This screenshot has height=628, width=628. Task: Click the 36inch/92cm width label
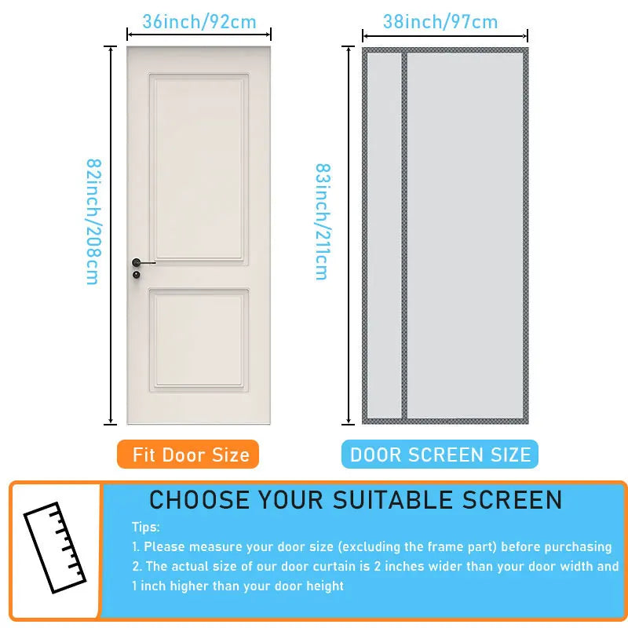[x=199, y=22]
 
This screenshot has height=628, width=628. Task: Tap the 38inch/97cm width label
[x=440, y=22]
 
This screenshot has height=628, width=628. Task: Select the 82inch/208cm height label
[x=93, y=222]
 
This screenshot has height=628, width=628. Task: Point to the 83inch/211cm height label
[x=322, y=222]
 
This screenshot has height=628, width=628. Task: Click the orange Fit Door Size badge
[x=188, y=455]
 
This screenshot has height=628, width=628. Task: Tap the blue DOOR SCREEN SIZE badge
[x=440, y=455]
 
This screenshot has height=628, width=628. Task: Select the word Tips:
[x=146, y=528]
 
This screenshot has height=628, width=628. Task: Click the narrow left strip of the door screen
[x=385, y=235]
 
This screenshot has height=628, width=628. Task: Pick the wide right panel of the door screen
[x=465, y=235]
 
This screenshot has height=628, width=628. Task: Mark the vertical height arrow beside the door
[x=111, y=235]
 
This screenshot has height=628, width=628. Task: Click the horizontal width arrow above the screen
[x=445, y=35]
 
